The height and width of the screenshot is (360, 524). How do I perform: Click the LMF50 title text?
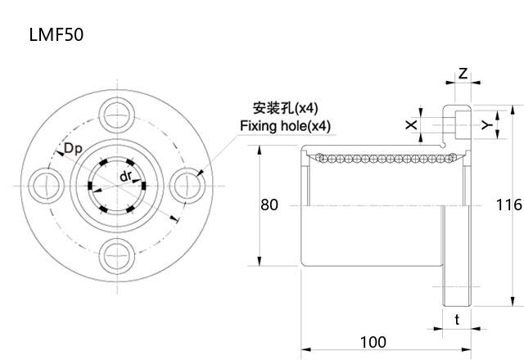55,35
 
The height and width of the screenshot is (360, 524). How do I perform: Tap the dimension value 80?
269,205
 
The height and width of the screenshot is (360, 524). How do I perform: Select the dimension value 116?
509,205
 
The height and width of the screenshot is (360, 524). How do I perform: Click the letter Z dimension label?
463,74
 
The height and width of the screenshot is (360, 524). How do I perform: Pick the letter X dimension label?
411,124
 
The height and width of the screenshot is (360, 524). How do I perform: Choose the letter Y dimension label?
486,124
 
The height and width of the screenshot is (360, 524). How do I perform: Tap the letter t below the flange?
457,320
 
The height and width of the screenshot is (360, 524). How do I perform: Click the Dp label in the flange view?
73,148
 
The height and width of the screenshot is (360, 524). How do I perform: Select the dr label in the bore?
126,177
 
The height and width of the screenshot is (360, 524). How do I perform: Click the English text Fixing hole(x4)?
285,126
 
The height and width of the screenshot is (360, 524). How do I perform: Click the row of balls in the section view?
377,157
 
